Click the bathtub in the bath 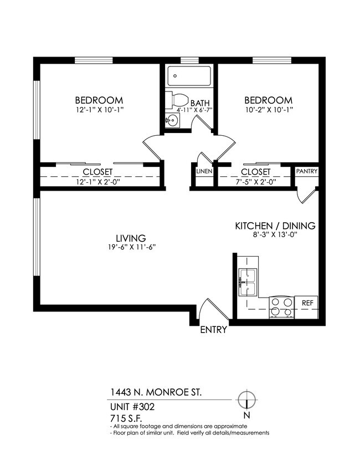pos(189,76)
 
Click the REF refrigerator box pos(307,303)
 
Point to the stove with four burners pos(281,306)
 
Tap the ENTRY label pos(214,330)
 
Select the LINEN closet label pos(203,171)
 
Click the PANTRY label pos(306,171)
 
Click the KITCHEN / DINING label pos(275,226)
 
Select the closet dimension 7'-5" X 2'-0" pos(255,181)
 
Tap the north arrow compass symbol pos(245,400)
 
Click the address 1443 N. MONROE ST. pos(156,392)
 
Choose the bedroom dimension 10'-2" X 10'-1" pos(268,110)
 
